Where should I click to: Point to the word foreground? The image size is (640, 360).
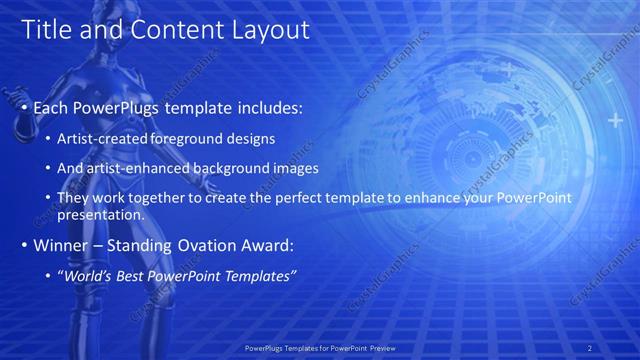(178, 137)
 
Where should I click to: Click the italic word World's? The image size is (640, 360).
(87, 275)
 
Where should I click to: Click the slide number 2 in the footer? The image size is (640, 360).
(590, 347)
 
